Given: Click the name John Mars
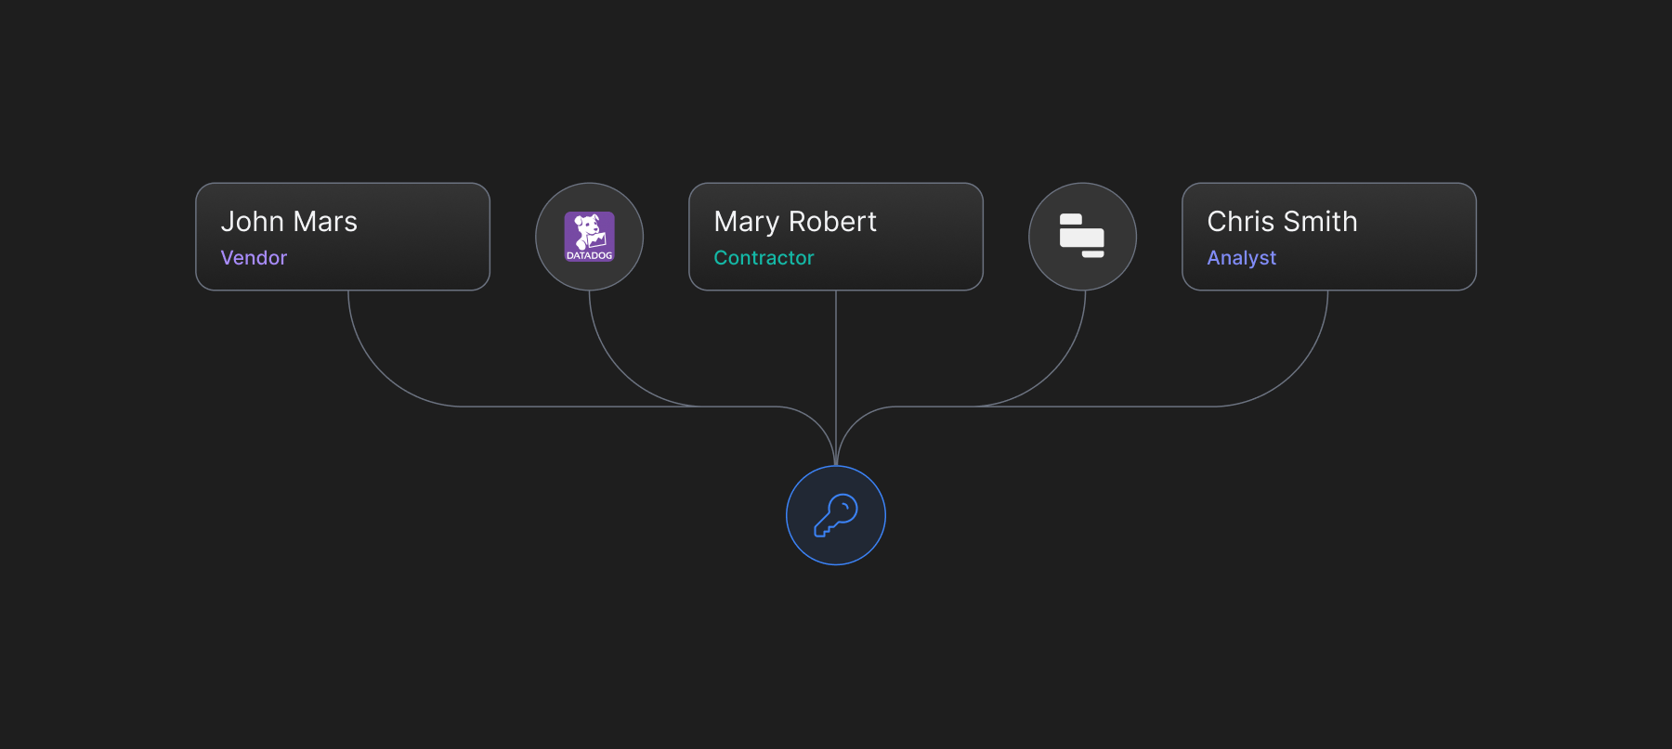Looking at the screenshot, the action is tap(289, 222).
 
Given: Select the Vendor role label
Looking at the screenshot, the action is tap(254, 258).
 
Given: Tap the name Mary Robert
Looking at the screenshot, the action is tap(795, 222).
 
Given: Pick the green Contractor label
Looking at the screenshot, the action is tap(764, 258).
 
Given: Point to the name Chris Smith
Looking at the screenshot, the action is tap(1282, 222).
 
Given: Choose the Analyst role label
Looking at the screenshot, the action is tap(1241, 258).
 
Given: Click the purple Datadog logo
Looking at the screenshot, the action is tap(590, 236).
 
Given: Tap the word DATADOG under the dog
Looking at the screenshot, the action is tap(590, 255).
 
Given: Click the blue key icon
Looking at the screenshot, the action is tap(836, 515).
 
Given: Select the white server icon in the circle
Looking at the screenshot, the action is tap(1082, 236).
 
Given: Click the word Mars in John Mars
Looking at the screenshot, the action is tap(325, 222).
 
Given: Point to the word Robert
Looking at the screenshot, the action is tap(832, 222).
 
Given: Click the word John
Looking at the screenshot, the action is tap(252, 222).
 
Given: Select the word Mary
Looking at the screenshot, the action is tap(747, 223).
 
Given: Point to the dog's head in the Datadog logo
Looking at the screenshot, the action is tap(587, 226).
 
